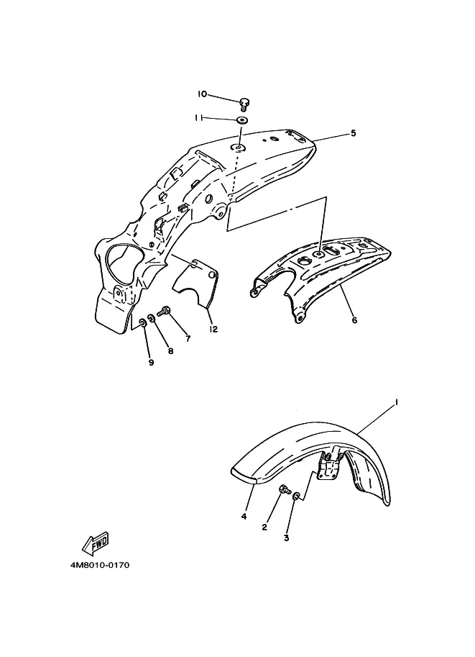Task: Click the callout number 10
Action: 202,94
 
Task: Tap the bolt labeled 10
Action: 244,104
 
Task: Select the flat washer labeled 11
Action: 242,121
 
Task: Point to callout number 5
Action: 354,133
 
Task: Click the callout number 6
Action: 354,320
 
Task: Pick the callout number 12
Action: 213,330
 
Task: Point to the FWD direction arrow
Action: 96,543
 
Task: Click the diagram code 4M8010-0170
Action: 100,565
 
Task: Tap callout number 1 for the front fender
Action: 396,403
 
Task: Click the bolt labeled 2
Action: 285,489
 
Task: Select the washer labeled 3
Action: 296,497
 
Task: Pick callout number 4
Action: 244,517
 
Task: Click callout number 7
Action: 188,339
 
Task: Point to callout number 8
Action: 170,352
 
